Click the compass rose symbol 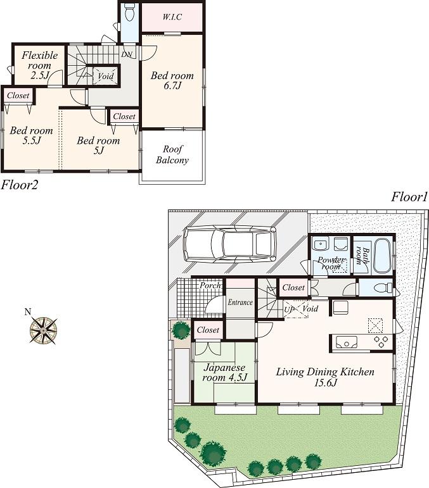pyautogui.click(x=45, y=328)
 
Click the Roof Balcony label pyautogui.click(x=172, y=155)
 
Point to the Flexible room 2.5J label pyautogui.click(x=39, y=65)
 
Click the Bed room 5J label pyautogui.click(x=98, y=146)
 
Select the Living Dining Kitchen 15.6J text pyautogui.click(x=325, y=377)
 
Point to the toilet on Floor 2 pyautogui.click(x=129, y=12)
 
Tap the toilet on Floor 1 pyautogui.click(x=382, y=288)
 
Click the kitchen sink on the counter pyautogui.click(x=347, y=343)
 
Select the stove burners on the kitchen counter pyautogui.click(x=382, y=342)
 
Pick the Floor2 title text pyautogui.click(x=20, y=185)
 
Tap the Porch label pyautogui.click(x=210, y=285)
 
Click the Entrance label pyautogui.click(x=240, y=303)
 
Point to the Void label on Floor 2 pyautogui.click(x=106, y=77)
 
